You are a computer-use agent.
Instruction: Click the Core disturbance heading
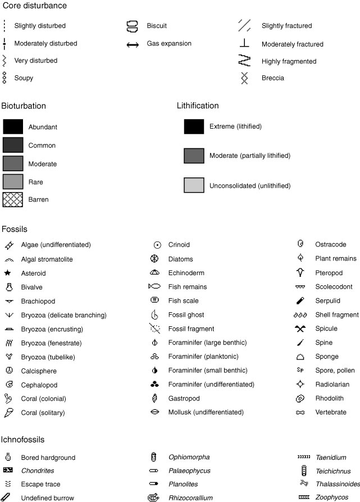[x=34, y=6]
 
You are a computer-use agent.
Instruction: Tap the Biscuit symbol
[x=132, y=26]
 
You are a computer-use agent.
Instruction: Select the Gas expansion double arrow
[x=133, y=44]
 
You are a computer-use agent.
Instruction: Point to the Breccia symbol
[x=244, y=78]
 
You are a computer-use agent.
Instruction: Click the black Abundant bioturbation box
[x=13, y=127]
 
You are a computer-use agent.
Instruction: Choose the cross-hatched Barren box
[x=13, y=199]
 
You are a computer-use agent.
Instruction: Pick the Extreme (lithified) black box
[x=194, y=126]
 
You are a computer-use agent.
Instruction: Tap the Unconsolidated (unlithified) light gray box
[x=194, y=185]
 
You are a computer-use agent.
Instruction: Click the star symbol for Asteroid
[x=8, y=273]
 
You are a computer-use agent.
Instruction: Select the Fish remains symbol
[x=154, y=287]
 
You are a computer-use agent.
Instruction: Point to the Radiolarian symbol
[x=300, y=385]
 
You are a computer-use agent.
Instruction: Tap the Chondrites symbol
[x=8, y=471]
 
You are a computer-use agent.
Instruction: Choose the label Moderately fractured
[x=293, y=44]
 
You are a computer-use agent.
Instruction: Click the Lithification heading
[x=198, y=106]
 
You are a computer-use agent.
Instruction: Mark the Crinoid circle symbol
[x=158, y=245]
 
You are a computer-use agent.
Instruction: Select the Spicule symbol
[x=300, y=328]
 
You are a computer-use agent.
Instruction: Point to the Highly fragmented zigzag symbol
[x=244, y=61]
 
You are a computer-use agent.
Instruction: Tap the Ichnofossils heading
[x=23, y=440]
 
